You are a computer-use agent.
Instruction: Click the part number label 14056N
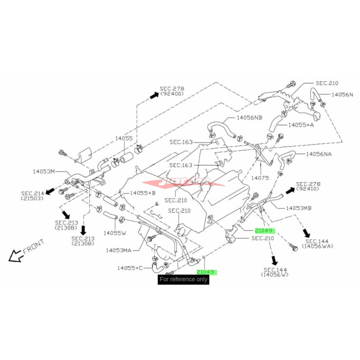coord(342,95)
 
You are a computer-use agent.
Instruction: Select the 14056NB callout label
coord(249,118)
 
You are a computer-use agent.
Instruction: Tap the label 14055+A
coord(301,125)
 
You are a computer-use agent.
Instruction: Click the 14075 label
coord(261,178)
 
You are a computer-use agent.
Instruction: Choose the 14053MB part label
coord(299,208)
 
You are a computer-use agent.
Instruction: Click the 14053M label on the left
coord(44,171)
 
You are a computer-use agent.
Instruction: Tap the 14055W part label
coord(115,233)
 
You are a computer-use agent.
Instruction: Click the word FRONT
coord(33,246)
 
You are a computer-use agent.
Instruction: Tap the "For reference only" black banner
coord(184,279)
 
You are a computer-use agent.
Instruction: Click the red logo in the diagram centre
coord(183,182)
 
